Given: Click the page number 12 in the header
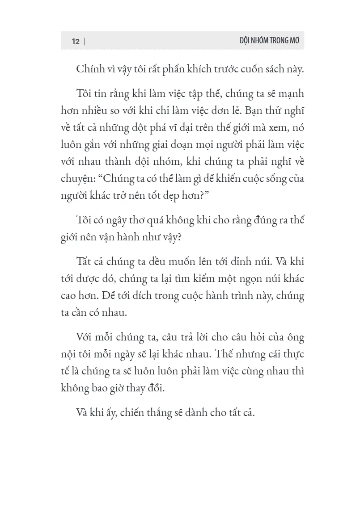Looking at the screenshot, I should pyautogui.click(x=75, y=41).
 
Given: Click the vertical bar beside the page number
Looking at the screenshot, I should pyautogui.click(x=84, y=41).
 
